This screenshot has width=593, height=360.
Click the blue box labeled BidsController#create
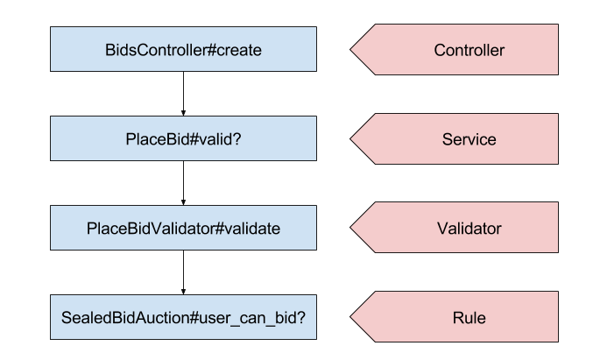pos(183,49)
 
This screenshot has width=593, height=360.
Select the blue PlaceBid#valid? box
pos(183,138)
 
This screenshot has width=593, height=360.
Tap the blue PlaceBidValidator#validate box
pos(183,229)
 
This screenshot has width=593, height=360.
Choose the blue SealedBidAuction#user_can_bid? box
pos(183,318)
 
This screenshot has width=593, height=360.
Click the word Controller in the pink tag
pos(469,50)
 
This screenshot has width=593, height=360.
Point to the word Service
pos(469,139)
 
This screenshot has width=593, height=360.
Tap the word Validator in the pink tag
pos(469,229)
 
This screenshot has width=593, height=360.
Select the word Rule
pos(469,318)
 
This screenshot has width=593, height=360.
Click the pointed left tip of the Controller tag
pos(353,49)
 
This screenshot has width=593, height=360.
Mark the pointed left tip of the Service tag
pos(353,138)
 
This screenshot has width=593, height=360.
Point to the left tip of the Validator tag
pos(353,229)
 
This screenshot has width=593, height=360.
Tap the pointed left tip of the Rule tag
pos(353,318)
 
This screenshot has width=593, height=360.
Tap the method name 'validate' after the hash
pos(251,229)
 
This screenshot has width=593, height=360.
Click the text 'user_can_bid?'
pos(261,318)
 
